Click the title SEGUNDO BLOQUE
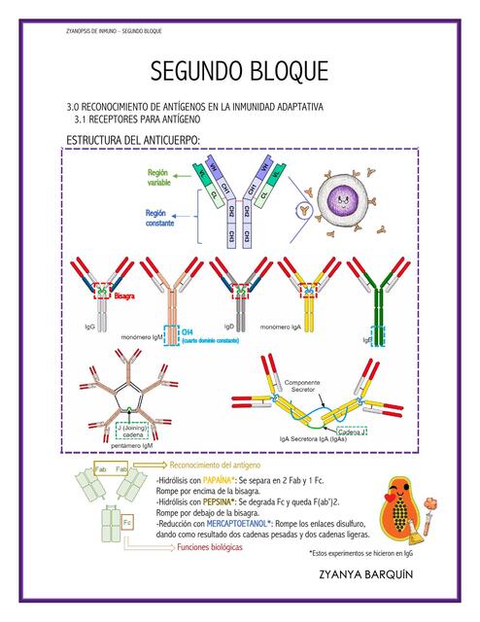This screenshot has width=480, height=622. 239,73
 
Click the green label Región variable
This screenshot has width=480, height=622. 159,177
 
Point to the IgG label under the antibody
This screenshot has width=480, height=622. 89,327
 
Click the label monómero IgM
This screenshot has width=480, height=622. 144,335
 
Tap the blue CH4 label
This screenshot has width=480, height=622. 189,331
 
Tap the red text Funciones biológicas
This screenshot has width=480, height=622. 210,547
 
